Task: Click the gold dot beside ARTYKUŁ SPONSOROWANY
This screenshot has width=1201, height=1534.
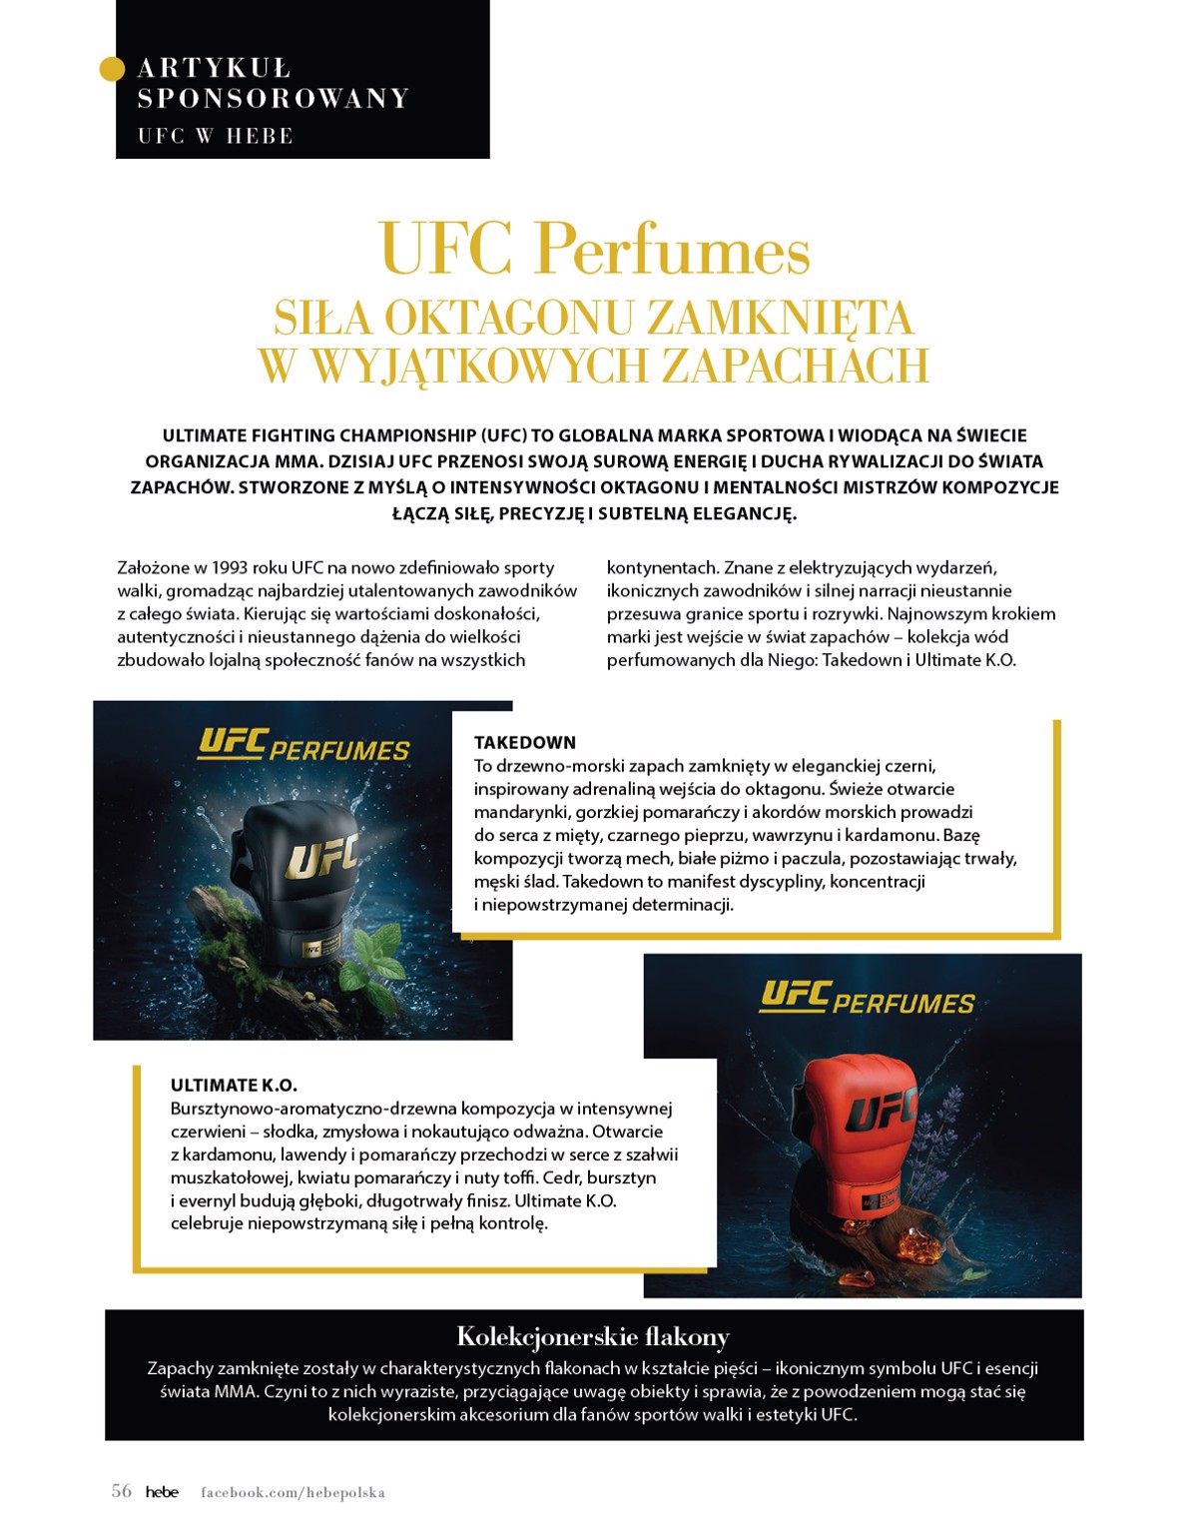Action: click(x=113, y=68)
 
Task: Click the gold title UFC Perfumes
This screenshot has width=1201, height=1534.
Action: click(x=595, y=250)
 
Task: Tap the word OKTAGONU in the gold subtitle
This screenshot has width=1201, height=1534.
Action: click(x=507, y=319)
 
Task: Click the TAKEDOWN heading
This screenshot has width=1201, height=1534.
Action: click(x=525, y=742)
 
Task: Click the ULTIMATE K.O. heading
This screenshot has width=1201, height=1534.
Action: click(x=234, y=1085)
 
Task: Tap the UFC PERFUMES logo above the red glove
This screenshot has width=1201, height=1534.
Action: click(x=867, y=999)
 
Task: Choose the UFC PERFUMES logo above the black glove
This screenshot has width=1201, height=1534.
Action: click(x=303, y=745)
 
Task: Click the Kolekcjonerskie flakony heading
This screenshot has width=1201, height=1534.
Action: click(x=593, y=1336)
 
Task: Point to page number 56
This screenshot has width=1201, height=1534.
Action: click(x=121, y=1491)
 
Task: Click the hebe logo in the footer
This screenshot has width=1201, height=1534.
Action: click(x=162, y=1492)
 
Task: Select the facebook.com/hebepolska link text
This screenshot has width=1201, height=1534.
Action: click(x=293, y=1492)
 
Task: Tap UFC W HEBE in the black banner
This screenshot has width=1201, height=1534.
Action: click(x=215, y=136)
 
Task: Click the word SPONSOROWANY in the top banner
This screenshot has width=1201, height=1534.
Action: click(x=274, y=98)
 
